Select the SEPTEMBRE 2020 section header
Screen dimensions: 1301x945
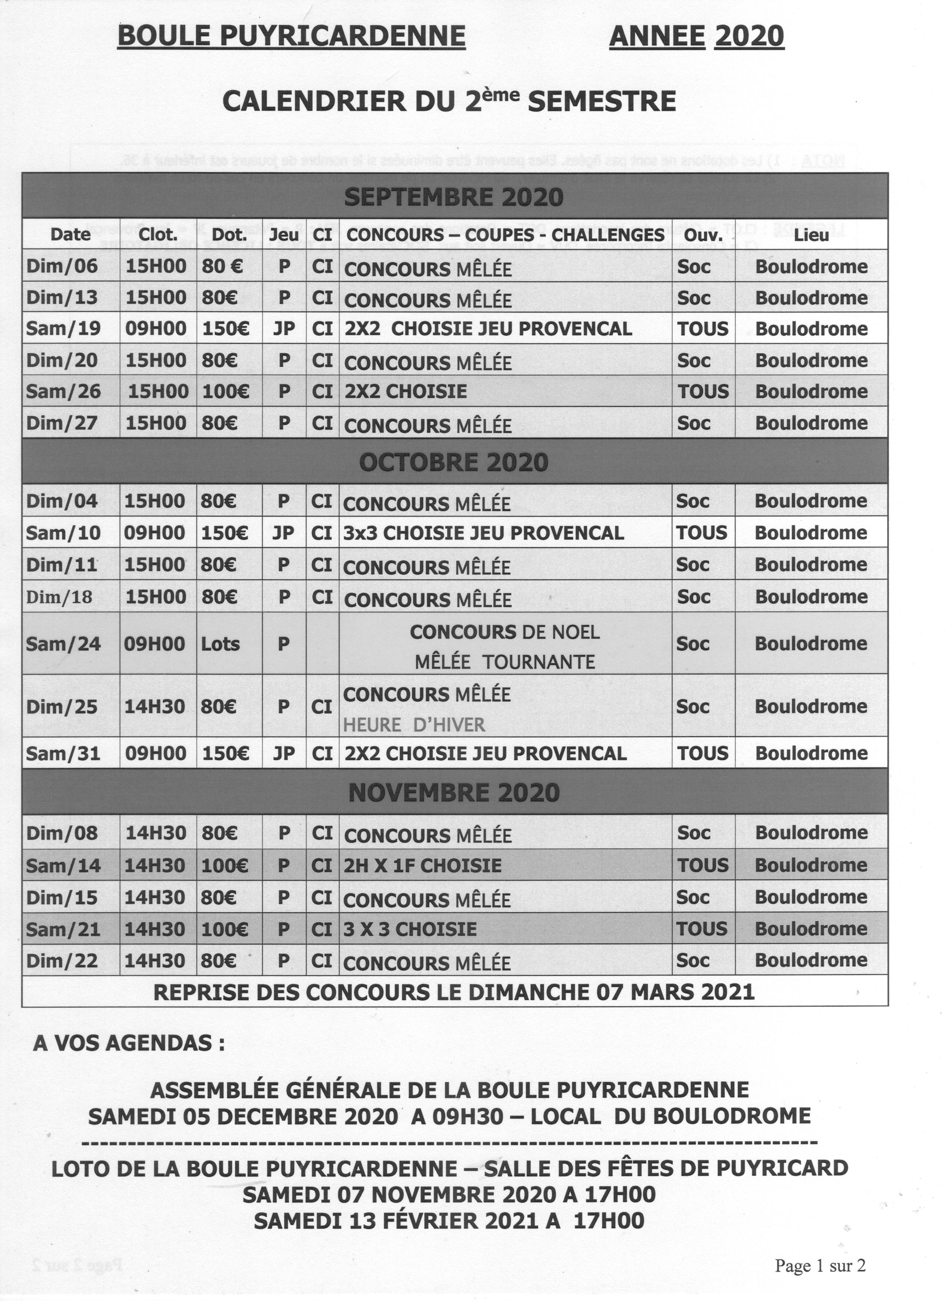click(454, 197)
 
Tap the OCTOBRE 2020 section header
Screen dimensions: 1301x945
click(454, 462)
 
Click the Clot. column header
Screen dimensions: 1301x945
click(158, 235)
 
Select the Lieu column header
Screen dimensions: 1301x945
click(811, 235)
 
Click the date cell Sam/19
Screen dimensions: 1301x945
click(63, 329)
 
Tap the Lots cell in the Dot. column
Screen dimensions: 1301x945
click(220, 643)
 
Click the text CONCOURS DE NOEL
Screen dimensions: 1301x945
click(505, 632)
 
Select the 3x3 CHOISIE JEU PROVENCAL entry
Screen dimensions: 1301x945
click(483, 533)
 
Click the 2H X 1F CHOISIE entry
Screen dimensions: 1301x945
click(422, 865)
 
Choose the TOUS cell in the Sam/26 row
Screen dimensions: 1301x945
click(703, 392)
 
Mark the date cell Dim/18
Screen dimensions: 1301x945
click(59, 597)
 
